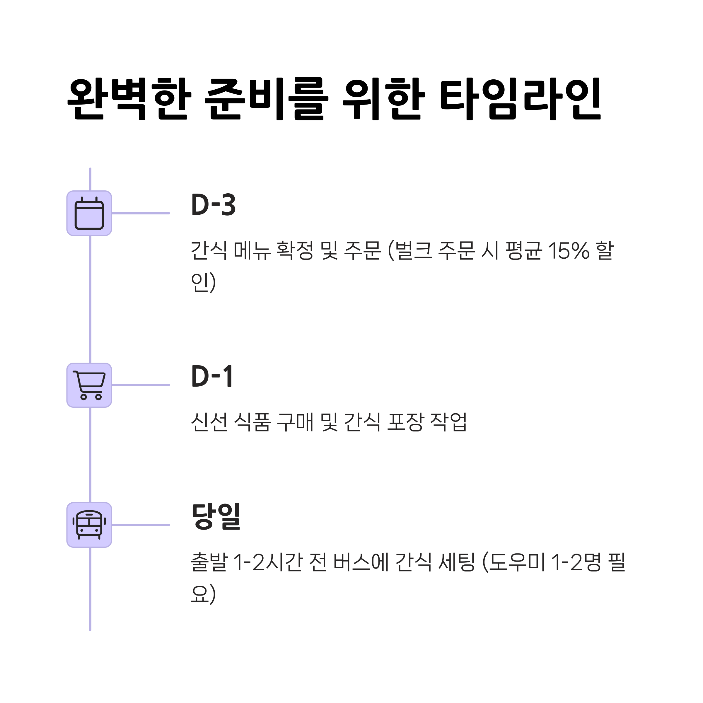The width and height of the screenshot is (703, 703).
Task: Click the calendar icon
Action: (89, 214)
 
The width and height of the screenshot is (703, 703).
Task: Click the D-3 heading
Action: (214, 205)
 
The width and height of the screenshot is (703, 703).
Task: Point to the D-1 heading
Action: (212, 377)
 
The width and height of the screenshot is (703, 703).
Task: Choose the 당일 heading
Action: (216, 517)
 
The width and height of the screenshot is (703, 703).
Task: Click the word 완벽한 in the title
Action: (129, 99)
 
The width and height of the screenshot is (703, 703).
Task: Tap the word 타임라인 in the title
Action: (520, 99)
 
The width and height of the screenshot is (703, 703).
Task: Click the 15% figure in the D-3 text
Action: (568, 251)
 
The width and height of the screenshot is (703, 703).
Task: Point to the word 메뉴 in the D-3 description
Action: (252, 251)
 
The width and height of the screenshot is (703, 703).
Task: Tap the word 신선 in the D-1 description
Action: (209, 422)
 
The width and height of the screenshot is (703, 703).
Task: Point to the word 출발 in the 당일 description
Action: (209, 562)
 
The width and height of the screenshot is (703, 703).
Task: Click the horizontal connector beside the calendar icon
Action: (141, 213)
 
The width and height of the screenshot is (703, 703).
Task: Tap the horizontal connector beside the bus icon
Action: (141, 525)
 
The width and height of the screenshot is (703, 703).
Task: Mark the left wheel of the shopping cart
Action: (84, 397)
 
